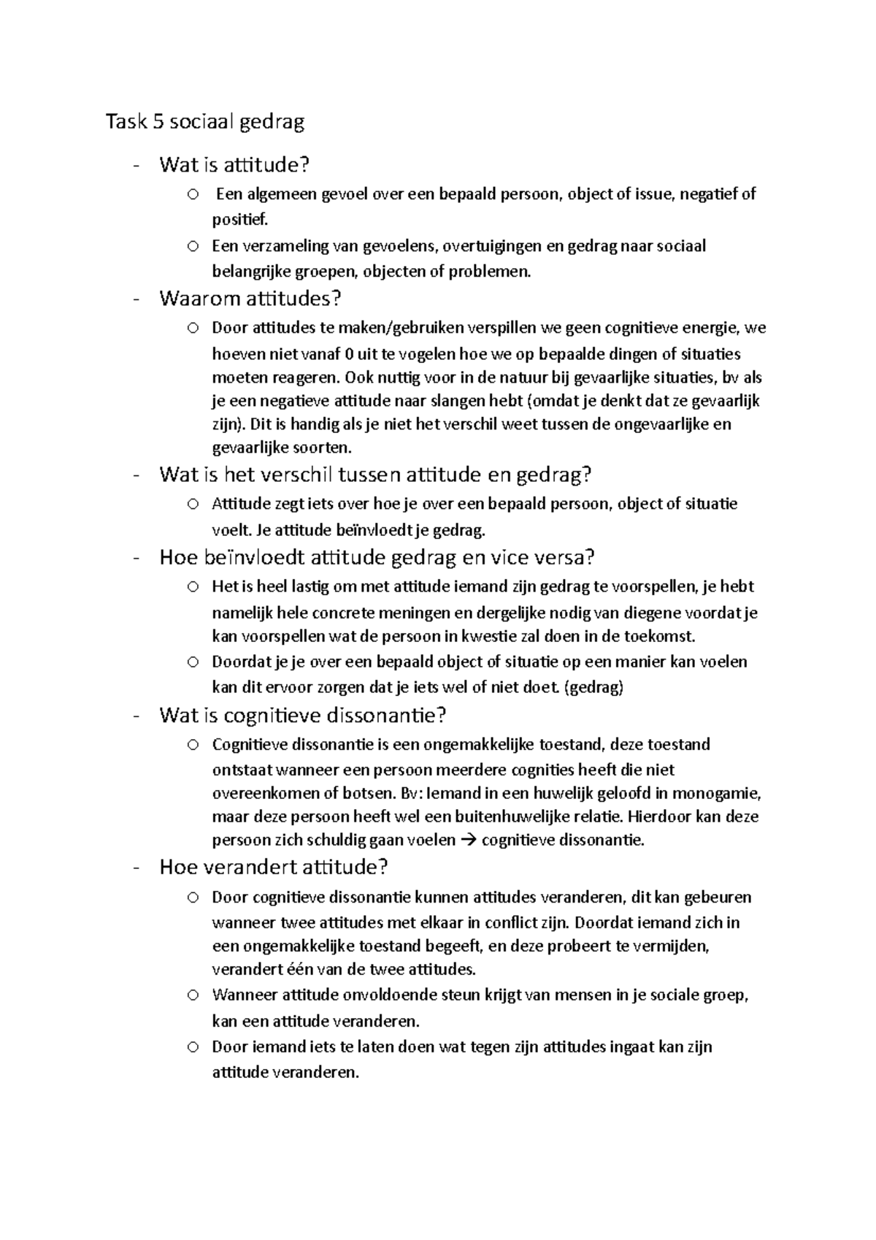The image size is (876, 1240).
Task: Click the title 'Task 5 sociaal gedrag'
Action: pyautogui.click(x=204, y=122)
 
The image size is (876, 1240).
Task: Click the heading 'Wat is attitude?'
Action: pyautogui.click(x=234, y=165)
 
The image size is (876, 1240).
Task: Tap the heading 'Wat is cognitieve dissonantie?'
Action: pyautogui.click(x=302, y=715)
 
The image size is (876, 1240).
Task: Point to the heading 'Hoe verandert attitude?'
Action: pyautogui.click(x=273, y=868)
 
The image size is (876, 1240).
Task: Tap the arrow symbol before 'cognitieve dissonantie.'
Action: pyautogui.click(x=469, y=840)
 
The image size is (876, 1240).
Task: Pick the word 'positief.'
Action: pyautogui.click(x=240, y=218)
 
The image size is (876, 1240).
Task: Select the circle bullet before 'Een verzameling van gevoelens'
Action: pyautogui.click(x=192, y=246)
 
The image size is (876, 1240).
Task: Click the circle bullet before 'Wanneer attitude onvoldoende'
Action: pyautogui.click(x=192, y=995)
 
